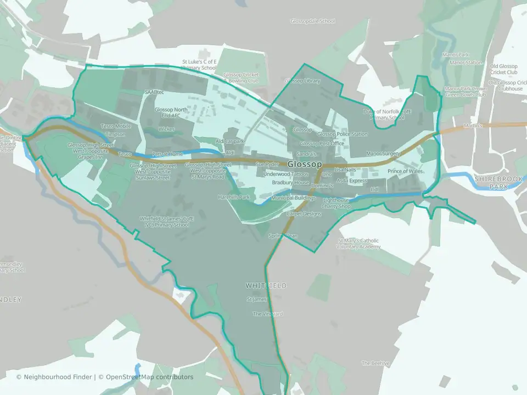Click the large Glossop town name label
pyautogui.click(x=305, y=164)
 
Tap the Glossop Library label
pyautogui.click(x=302, y=81)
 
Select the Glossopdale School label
pyautogui.click(x=312, y=21)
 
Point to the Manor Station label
pyautogui.click(x=466, y=63)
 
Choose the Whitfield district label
pyautogui.click(x=266, y=286)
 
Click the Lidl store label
pyautogui.click(x=375, y=189)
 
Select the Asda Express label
pyautogui.click(x=352, y=180)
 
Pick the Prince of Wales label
pyautogui.click(x=405, y=172)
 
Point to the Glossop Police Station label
pyautogui.click(x=343, y=134)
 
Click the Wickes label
pyautogui.click(x=166, y=129)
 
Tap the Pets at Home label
pyautogui.click(x=167, y=154)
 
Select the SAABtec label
pyautogui.click(x=154, y=92)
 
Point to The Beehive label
pyautogui.click(x=375, y=363)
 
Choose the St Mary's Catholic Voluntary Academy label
pyautogui.click(x=359, y=244)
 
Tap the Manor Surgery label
pyautogui.click(x=383, y=154)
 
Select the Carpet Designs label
pyautogui.click(x=304, y=213)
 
